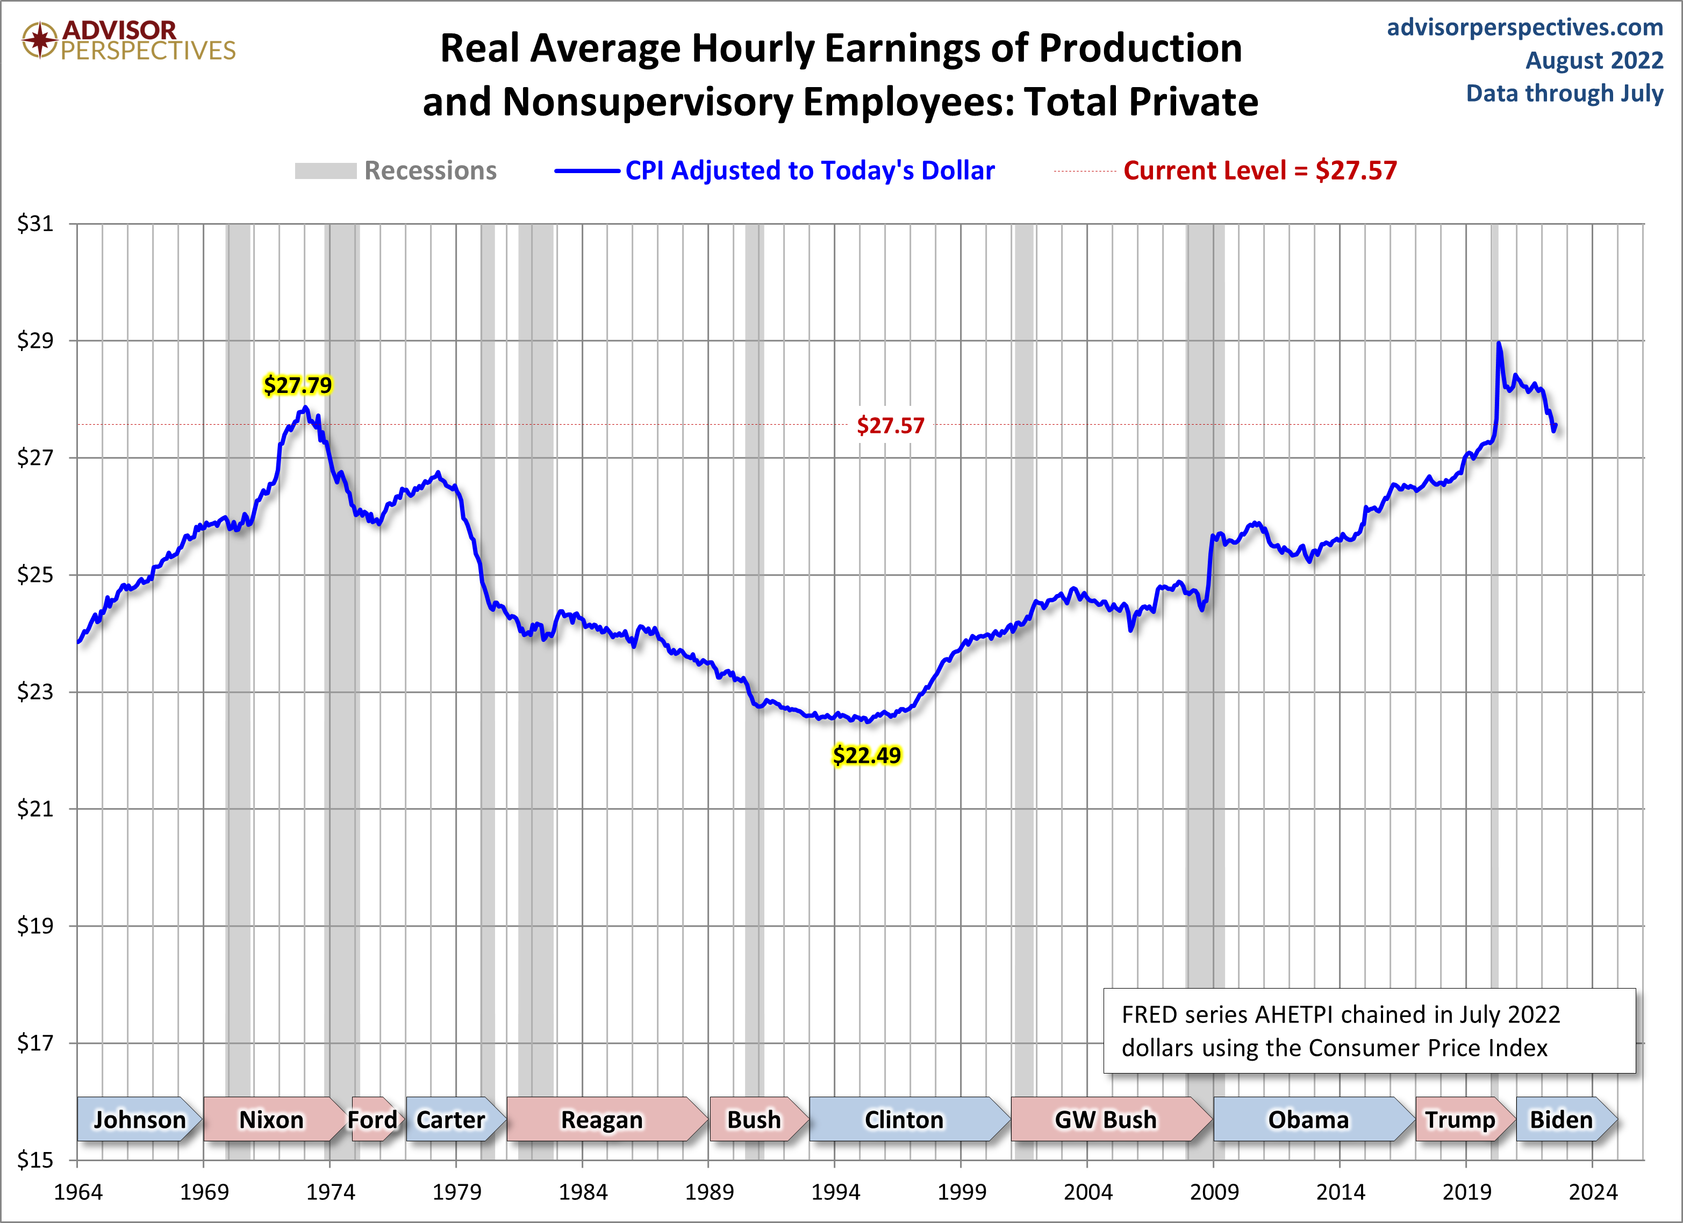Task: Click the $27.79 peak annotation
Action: click(x=298, y=385)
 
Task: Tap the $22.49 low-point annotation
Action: click(x=866, y=755)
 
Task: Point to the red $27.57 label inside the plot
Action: click(x=891, y=426)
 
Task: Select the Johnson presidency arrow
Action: click(x=139, y=1119)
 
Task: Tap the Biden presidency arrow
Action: click(x=1562, y=1119)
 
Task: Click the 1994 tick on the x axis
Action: click(x=835, y=1192)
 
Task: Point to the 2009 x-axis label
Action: click(x=1214, y=1192)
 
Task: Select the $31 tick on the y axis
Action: click(x=35, y=224)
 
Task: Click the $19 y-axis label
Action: click(x=35, y=925)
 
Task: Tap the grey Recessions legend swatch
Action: click(x=325, y=171)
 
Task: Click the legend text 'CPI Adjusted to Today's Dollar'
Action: click(x=810, y=171)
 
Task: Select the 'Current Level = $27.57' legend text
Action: click(x=1259, y=171)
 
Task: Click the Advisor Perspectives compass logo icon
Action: click(x=39, y=39)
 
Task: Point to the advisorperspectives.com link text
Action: click(x=1525, y=27)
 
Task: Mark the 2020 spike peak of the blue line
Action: click(x=1499, y=344)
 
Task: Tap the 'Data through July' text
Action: click(x=1564, y=94)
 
